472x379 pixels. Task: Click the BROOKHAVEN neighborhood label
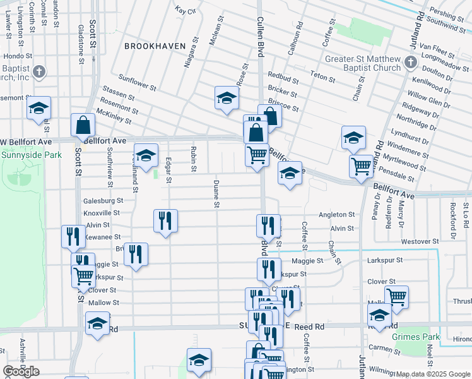[x=155, y=46]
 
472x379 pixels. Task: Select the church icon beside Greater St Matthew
[x=411, y=62]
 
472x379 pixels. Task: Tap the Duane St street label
[x=216, y=194]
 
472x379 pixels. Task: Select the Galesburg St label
[x=103, y=200]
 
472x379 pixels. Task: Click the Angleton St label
[x=336, y=215]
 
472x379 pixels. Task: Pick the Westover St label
[x=419, y=241]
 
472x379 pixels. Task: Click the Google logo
[x=21, y=371]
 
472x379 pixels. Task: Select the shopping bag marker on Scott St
[x=83, y=125]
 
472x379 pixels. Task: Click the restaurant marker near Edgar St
[x=165, y=220]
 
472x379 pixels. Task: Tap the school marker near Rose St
[x=227, y=98]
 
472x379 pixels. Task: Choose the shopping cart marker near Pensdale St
[x=362, y=167]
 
